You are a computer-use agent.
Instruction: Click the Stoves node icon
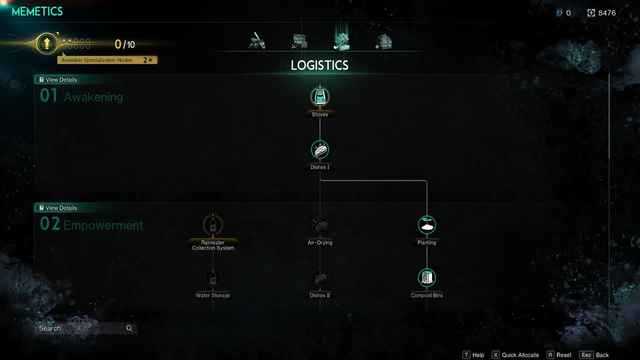click(320, 97)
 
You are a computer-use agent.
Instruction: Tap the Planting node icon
click(427, 225)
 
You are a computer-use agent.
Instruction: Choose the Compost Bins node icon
click(427, 278)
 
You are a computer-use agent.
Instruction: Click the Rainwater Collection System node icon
click(213, 225)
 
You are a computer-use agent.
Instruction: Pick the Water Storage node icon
click(213, 278)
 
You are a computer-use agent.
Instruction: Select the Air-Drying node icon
click(320, 225)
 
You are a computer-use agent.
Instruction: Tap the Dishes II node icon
click(320, 278)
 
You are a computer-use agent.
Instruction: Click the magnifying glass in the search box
click(129, 328)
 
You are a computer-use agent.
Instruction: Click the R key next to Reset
click(550, 355)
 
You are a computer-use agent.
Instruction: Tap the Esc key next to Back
click(586, 355)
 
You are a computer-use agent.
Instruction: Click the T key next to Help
click(466, 355)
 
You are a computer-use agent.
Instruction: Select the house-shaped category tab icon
click(384, 42)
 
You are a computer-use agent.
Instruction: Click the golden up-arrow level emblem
click(47, 43)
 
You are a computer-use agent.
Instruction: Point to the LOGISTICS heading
click(320, 65)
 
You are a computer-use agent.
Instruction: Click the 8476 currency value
click(607, 13)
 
